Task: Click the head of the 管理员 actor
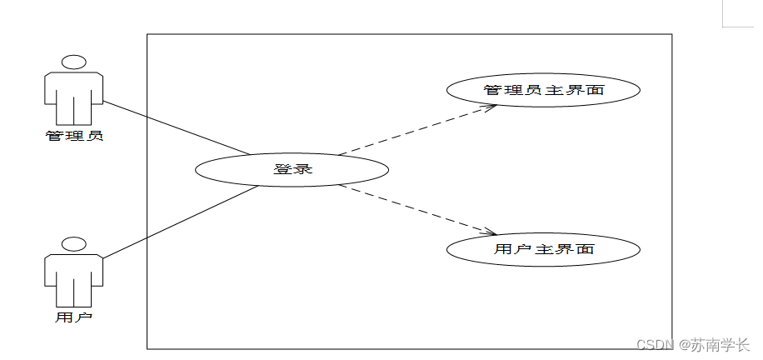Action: point(74,62)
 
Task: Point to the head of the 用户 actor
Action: point(74,244)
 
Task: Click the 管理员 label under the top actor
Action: point(74,135)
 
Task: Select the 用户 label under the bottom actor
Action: point(74,317)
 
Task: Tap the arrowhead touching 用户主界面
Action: point(491,232)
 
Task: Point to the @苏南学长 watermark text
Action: point(714,344)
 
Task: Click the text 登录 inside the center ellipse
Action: point(292,169)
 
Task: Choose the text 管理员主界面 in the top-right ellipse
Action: point(543,90)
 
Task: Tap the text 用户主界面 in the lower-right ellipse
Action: point(543,248)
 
